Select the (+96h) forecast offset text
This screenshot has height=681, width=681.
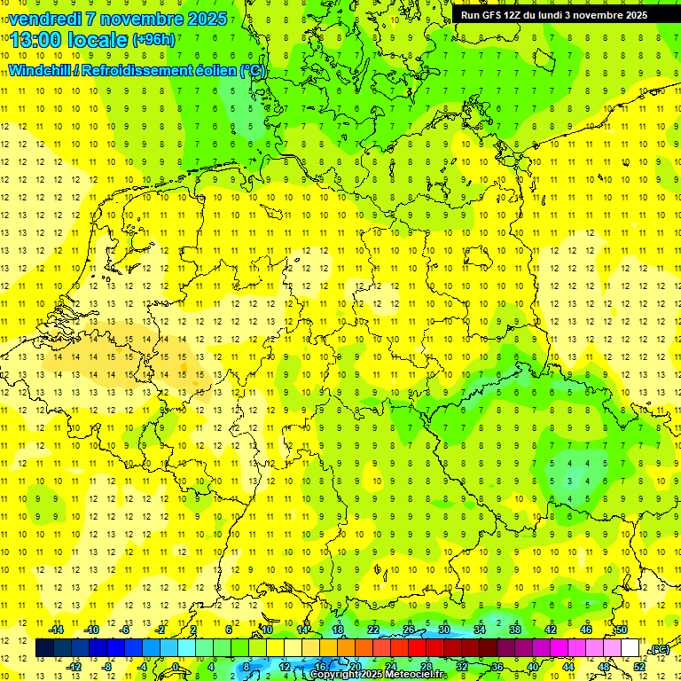153,40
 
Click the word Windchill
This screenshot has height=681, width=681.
39,69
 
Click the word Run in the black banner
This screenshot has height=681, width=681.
470,15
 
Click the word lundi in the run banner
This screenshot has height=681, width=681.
563,15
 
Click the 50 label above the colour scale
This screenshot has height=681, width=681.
622,630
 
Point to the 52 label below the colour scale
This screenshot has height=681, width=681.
639,666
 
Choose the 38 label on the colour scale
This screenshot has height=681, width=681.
515,630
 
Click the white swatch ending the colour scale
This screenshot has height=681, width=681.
630,648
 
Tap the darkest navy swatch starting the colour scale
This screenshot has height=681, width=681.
44,648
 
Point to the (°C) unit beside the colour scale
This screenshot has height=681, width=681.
660,649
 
